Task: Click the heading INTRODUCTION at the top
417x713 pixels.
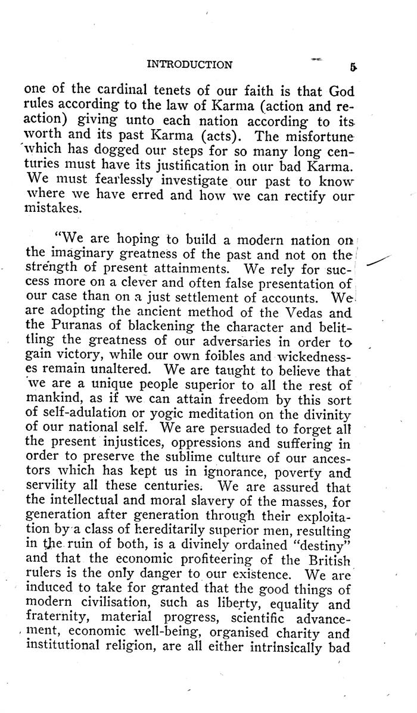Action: click(x=189, y=64)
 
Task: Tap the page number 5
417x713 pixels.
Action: click(x=353, y=67)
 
